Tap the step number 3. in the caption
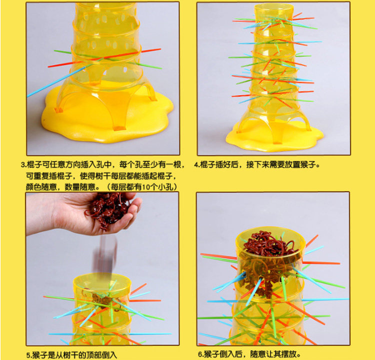tap(23, 165)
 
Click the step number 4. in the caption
tap(196, 165)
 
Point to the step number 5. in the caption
tap(28, 355)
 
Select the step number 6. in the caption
tap(200, 354)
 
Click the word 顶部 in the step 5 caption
tap(94, 355)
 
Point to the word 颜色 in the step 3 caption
tap(33, 187)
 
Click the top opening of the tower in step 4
tap(273, 6)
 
